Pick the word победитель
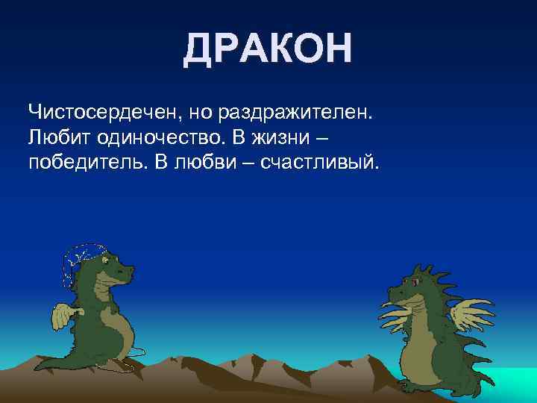(x=85, y=163)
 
